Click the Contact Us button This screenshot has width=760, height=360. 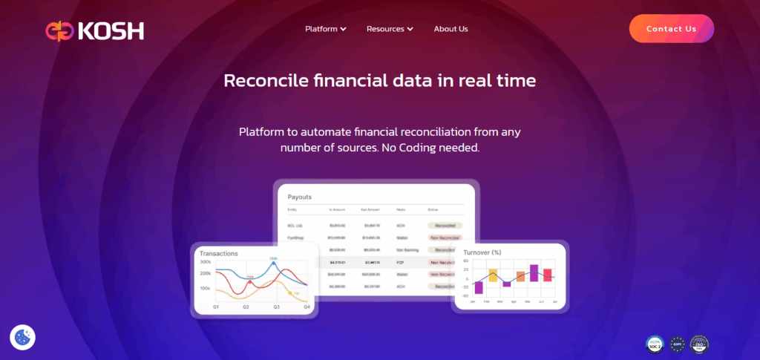click(671, 29)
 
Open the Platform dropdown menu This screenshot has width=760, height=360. click(326, 29)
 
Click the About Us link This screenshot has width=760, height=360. click(451, 29)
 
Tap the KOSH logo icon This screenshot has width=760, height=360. click(56, 30)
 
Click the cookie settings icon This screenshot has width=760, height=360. click(22, 337)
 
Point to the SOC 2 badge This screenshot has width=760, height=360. click(654, 344)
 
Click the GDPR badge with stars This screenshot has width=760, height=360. click(676, 344)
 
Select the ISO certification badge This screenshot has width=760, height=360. click(699, 344)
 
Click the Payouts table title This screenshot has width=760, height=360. click(300, 197)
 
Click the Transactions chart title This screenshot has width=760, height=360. click(218, 253)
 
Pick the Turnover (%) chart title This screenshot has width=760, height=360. click(482, 252)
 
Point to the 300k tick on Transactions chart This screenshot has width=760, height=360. click(205, 262)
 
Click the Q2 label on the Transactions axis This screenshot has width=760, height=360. click(246, 307)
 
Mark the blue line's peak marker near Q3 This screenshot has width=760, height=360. click(274, 263)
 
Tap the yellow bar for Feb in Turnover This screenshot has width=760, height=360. click(493, 275)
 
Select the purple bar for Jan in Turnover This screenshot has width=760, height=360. click(479, 287)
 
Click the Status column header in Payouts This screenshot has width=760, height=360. click(433, 210)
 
